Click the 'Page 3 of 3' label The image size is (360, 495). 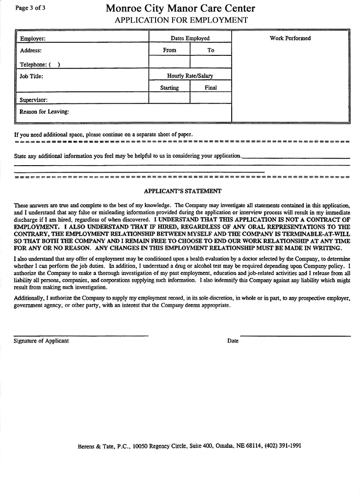pyautogui.click(x=30, y=7)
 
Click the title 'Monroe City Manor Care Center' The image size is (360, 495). pyautogui.click(x=180, y=8)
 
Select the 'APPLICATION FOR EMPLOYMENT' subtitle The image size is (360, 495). pyautogui.click(x=181, y=20)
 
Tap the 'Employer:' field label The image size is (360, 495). pyautogui.click(x=32, y=39)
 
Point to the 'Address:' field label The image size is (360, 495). pyautogui.click(x=31, y=50)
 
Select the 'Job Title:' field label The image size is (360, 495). pyautogui.click(x=31, y=76)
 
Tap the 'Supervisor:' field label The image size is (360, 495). pyautogui.click(x=33, y=99)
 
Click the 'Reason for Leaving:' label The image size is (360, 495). pyautogui.click(x=44, y=112)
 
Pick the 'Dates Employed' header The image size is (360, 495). pyautogui.click(x=190, y=38)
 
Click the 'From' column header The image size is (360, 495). pyautogui.click(x=169, y=50)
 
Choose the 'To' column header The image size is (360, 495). pyautogui.click(x=210, y=50)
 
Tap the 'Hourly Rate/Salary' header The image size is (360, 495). pyautogui.click(x=190, y=76)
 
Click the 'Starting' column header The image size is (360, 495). pyautogui.click(x=169, y=88)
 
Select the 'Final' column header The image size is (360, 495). pyautogui.click(x=210, y=88)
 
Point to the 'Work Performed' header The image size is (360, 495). pyautogui.click(x=290, y=38)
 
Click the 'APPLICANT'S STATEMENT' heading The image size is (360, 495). pyautogui.click(x=182, y=191)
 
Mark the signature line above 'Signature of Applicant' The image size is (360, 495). pyautogui.click(x=81, y=335)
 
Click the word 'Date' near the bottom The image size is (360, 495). pyautogui.click(x=233, y=341)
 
